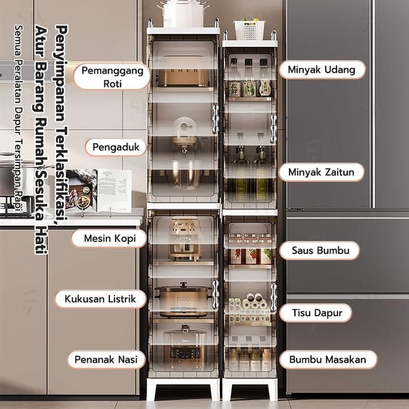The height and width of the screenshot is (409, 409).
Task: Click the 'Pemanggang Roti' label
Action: coord(112,77)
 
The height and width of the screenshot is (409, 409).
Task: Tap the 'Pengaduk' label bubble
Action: coord(116,147)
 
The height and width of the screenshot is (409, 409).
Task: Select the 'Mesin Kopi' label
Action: coord(109,238)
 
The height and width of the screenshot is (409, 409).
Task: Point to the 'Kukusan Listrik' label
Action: coord(101,299)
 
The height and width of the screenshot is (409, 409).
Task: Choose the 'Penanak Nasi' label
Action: coord(106,359)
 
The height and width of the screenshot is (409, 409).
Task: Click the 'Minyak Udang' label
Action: coord(321,70)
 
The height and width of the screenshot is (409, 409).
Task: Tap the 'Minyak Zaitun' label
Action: coord(321,172)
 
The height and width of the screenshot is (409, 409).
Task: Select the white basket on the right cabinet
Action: coord(249,29)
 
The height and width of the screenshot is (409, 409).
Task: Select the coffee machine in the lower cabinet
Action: coord(184,238)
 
